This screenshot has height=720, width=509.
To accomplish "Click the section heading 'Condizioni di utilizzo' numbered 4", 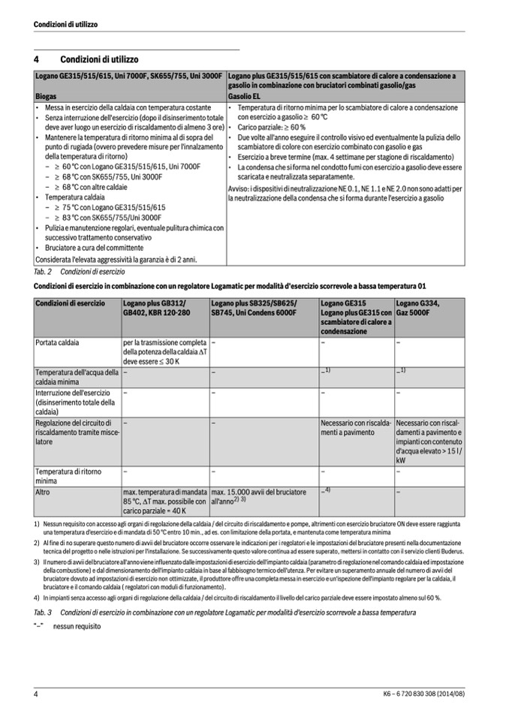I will click(x=99, y=59).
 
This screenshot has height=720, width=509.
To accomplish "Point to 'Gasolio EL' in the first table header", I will click(x=245, y=97).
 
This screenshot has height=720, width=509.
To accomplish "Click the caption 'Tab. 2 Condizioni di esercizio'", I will click(x=80, y=271).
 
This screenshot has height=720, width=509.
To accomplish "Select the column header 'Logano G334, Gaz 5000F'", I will click(x=417, y=307).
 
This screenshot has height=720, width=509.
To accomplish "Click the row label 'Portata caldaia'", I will click(x=57, y=342).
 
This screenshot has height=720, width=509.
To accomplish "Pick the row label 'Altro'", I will click(x=43, y=492).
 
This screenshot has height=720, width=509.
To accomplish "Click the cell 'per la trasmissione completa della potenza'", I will click(x=165, y=351).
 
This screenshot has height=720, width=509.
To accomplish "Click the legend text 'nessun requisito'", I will click(x=77, y=625).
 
